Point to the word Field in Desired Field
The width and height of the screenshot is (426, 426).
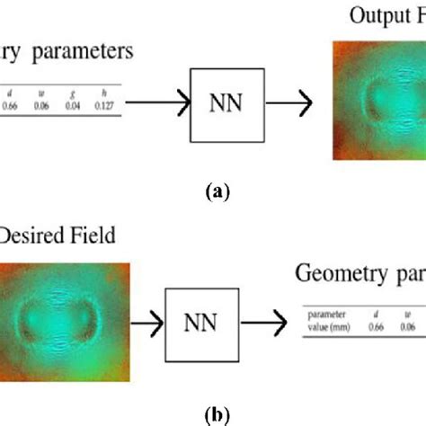pos(93,235)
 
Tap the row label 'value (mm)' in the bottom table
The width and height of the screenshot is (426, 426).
pos(329,327)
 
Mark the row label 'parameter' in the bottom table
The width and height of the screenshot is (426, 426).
pos(325,315)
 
